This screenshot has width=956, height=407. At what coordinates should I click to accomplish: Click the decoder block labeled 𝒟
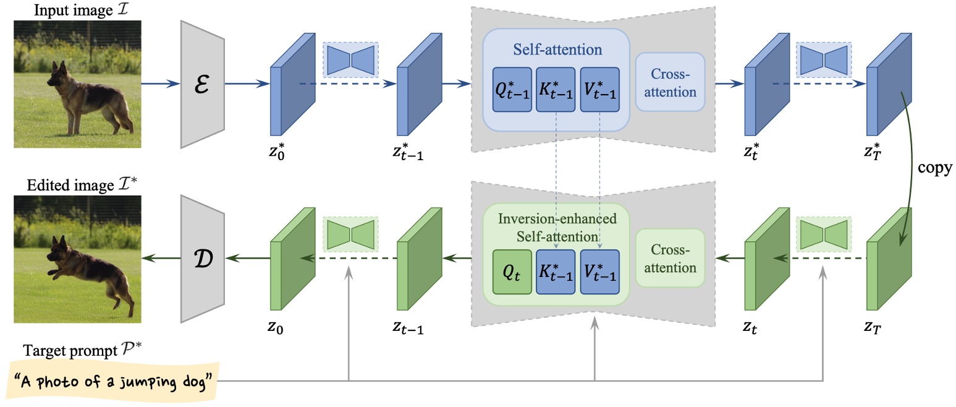tap(201, 258)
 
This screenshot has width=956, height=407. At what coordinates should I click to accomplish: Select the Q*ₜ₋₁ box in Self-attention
tap(512, 90)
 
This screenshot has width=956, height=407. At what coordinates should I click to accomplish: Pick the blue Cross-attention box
tap(670, 82)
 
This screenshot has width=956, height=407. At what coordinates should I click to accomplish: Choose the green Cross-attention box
tap(670, 258)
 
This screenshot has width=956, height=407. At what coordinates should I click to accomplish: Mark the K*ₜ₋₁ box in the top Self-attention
tap(556, 90)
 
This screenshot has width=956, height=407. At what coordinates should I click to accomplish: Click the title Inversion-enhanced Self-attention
tap(556, 228)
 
